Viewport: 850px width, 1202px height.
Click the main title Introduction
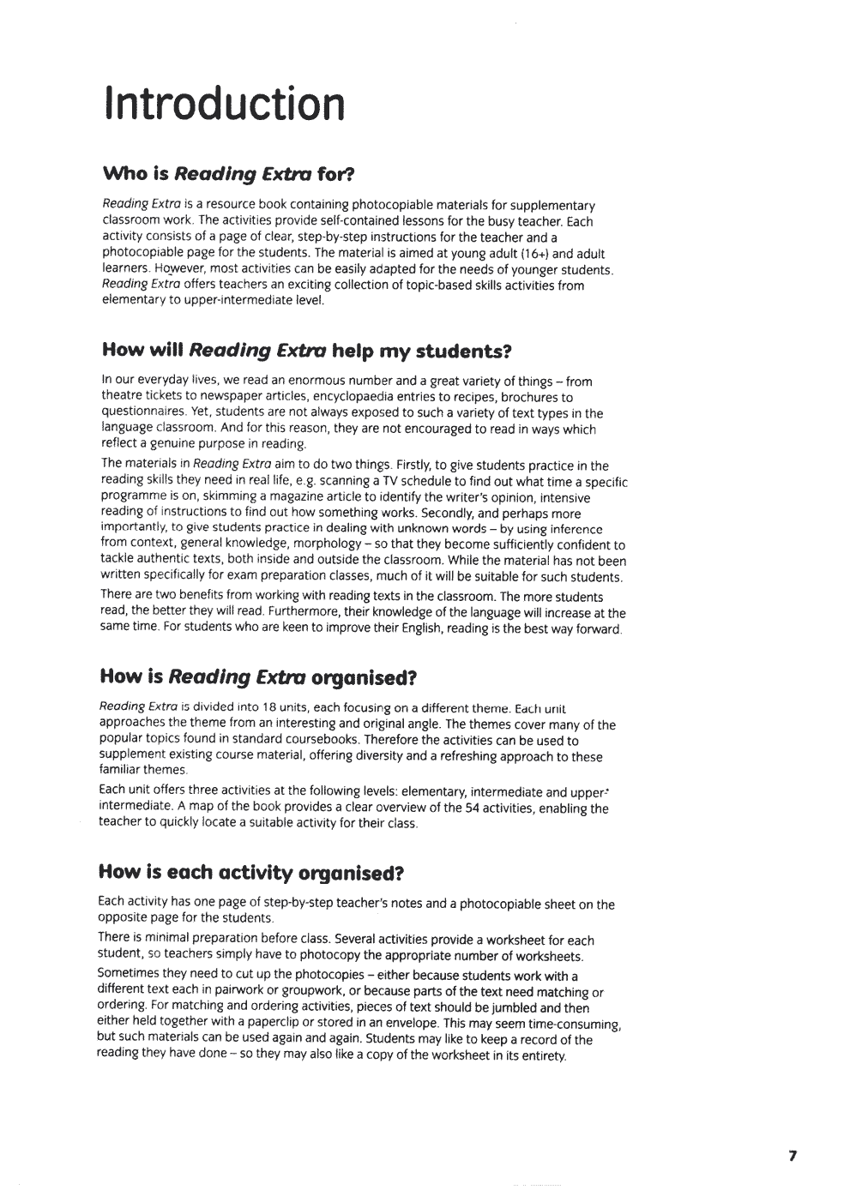(224, 105)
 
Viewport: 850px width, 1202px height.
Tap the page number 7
(793, 1156)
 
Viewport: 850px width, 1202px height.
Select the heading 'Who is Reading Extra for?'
(228, 174)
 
